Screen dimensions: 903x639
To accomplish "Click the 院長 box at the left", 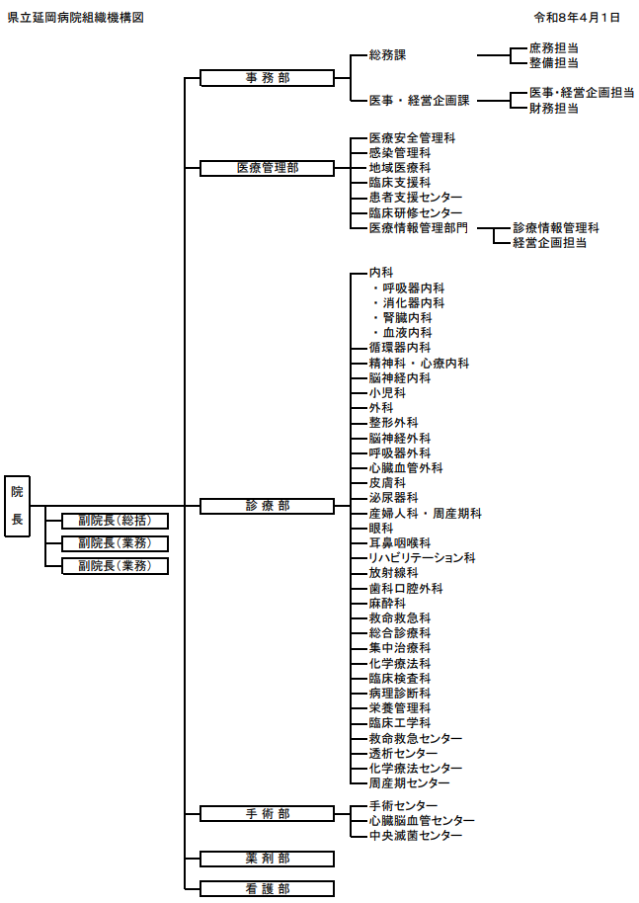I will point(18,505).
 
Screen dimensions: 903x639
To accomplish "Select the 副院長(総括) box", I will point(115,521).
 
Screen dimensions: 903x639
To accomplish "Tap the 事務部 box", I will point(267,78).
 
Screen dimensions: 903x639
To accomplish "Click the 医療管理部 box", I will point(267,168).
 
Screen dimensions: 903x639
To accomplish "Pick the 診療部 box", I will point(267,506).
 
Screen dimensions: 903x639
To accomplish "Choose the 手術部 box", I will point(267,813).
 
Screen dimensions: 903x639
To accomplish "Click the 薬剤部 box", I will point(267,859).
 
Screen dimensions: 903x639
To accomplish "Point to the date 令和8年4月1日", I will point(576,18).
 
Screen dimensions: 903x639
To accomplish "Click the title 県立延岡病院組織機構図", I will point(75,18).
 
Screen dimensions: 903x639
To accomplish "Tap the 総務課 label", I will point(387,55).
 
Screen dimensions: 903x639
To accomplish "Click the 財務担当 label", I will point(553,108).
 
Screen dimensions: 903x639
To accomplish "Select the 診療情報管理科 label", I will point(555,227).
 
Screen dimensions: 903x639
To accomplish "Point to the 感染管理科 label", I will point(399,153).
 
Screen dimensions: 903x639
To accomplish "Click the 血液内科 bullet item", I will point(407,333).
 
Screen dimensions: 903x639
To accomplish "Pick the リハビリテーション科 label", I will point(422,558).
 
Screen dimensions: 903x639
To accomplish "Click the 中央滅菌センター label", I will point(415,836).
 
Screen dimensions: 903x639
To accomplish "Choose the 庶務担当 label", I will point(553,47).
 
